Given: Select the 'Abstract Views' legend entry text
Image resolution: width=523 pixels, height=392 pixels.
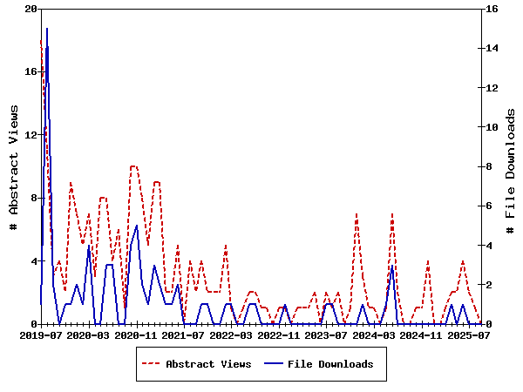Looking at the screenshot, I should [208, 364].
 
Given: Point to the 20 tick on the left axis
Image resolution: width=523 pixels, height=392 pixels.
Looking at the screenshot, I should [32, 9].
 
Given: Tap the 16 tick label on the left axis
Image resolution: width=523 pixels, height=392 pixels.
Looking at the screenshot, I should [32, 71].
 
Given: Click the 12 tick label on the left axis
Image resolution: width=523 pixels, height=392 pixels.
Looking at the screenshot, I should [32, 135].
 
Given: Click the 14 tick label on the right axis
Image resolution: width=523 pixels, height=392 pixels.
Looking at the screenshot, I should [491, 48].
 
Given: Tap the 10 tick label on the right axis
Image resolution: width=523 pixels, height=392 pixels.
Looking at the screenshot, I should [491, 127].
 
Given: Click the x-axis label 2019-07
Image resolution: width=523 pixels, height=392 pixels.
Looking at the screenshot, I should [41, 335].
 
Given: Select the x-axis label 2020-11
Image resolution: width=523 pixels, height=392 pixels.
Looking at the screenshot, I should [135, 335].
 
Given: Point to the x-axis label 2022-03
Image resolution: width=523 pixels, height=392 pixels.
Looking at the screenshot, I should [229, 335].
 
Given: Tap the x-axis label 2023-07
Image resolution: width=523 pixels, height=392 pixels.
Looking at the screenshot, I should [323, 335].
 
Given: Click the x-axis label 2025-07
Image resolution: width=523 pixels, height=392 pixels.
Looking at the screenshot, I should [465, 335].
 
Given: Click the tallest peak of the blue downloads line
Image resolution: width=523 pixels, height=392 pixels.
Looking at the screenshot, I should [47, 29].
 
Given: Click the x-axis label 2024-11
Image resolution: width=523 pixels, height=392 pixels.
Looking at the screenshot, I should [418, 335].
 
